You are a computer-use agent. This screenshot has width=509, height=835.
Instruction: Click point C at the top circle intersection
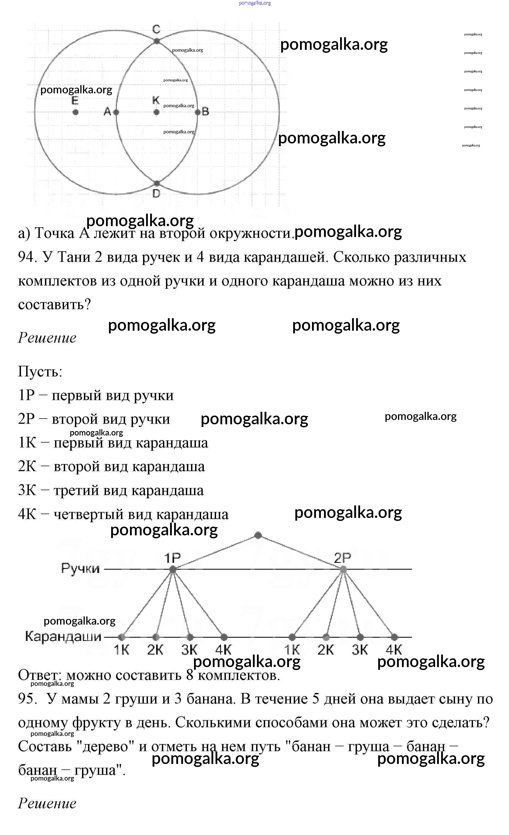coord(156,41)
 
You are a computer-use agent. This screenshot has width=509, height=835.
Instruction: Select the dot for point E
coord(75,112)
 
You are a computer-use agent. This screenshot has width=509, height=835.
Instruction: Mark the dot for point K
coord(156,112)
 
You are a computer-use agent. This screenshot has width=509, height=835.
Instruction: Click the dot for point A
coord(116,112)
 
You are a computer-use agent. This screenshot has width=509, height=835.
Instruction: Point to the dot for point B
coord(198,112)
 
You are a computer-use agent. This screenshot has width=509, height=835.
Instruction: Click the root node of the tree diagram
coord(258,535)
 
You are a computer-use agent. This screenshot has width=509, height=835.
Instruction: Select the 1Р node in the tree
coord(173,570)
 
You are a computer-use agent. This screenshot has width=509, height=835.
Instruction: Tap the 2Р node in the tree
coord(343,570)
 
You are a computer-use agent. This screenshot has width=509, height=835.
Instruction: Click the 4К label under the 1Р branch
coord(223,650)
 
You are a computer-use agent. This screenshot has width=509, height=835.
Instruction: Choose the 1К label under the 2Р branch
coord(292,650)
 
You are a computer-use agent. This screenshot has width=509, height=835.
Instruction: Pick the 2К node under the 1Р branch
coord(156,637)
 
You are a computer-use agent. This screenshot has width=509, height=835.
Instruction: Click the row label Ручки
coord(80,568)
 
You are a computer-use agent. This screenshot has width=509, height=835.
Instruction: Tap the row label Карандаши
coord(63,636)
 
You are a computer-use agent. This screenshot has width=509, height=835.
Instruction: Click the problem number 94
coord(27,257)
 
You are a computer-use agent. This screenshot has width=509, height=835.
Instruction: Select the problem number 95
coord(27,699)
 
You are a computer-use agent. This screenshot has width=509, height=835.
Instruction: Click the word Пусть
coord(40,372)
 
